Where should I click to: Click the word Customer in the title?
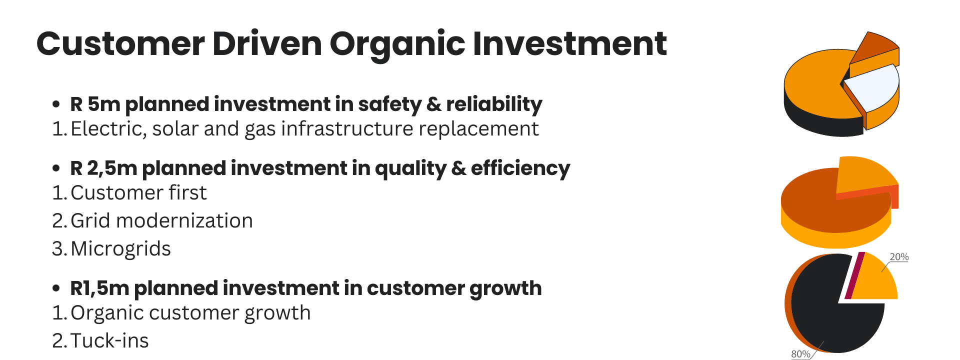(120, 44)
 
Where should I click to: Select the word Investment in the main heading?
(569, 44)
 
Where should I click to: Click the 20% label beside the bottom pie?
(899, 257)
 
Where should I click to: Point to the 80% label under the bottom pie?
(800, 354)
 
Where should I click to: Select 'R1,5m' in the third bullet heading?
(99, 288)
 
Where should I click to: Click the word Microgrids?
(120, 249)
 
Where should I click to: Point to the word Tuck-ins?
(109, 341)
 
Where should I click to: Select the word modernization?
(184, 221)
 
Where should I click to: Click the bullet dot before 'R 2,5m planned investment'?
(56, 168)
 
